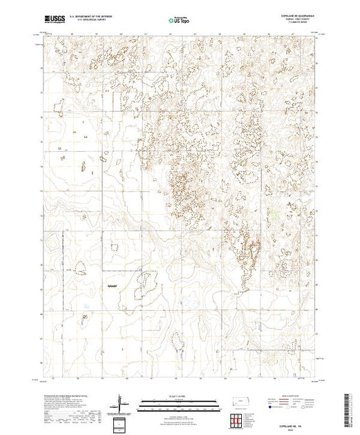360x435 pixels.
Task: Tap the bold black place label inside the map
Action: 113,285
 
